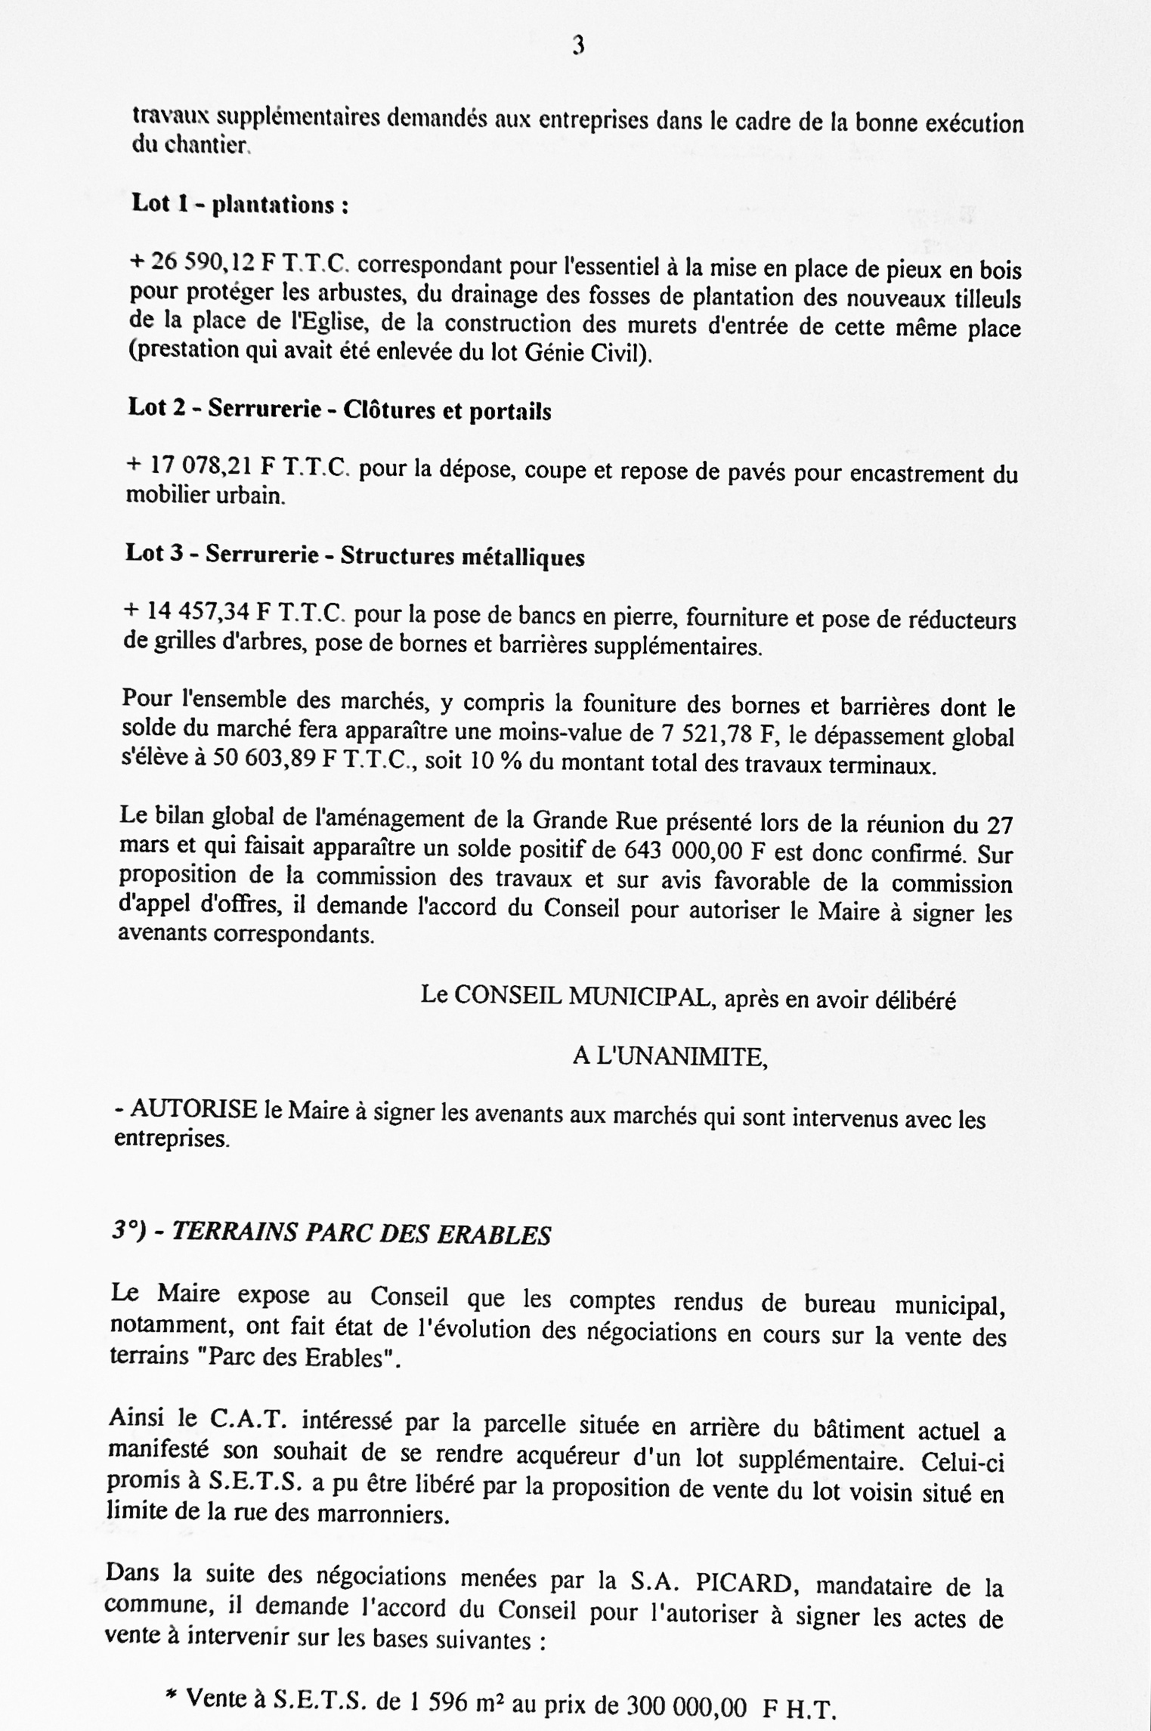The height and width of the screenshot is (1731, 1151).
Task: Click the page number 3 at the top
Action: pyautogui.click(x=578, y=47)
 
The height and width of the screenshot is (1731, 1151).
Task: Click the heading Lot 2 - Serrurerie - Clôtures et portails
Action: pyautogui.click(x=339, y=410)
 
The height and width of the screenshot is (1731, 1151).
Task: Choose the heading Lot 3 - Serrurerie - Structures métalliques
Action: pyautogui.click(x=354, y=555)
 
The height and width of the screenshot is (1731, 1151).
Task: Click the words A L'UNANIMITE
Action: pyautogui.click(x=670, y=1057)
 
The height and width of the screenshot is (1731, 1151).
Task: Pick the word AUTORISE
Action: pyautogui.click(x=194, y=1110)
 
